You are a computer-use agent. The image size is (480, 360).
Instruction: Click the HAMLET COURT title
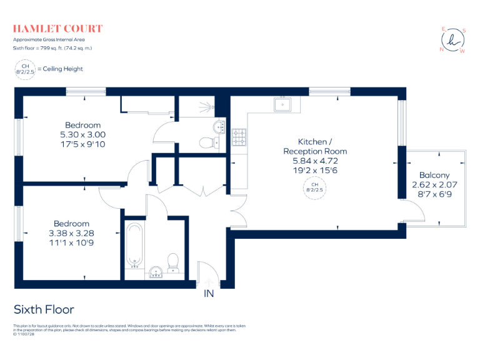point(57,29)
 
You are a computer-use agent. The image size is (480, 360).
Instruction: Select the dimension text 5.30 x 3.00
point(82,134)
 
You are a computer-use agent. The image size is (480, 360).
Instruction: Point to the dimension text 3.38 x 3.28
point(71,233)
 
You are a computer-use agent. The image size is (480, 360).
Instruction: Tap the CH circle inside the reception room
point(315,188)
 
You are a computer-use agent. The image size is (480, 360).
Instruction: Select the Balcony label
point(434,176)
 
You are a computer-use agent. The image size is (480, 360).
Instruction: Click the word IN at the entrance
point(209,294)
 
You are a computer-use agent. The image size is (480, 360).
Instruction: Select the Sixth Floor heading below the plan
point(44,310)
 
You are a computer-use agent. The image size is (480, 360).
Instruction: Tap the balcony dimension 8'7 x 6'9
point(434,194)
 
